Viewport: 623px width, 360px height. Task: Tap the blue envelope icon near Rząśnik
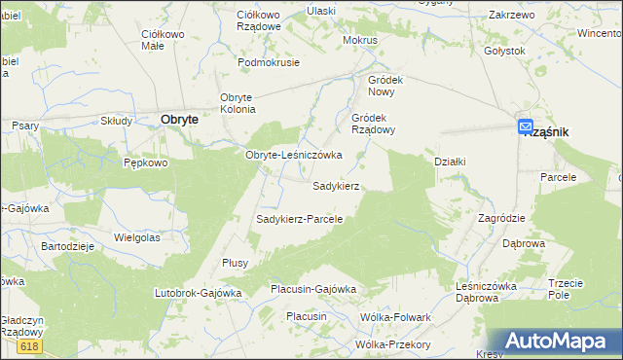pos(526,126)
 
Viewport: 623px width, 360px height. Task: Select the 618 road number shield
pos(29,345)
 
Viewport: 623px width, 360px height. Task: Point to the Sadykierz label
pos(337,185)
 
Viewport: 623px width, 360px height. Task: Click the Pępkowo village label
pos(147,163)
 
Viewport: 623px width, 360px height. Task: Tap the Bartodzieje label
pos(66,246)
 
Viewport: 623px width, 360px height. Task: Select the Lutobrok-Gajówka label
pos(198,292)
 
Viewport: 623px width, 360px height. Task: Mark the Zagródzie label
pos(501,218)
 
